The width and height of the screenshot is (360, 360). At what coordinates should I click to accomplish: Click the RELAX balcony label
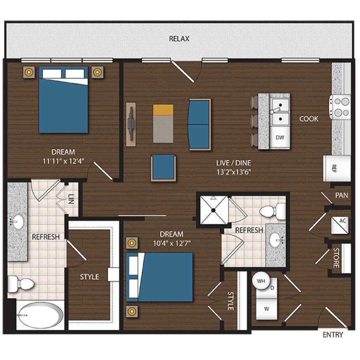pyautogui.click(x=179, y=39)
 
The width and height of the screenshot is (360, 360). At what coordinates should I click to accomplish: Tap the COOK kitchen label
pyautogui.click(x=309, y=119)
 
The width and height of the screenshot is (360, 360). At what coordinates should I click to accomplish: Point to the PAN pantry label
pyautogui.click(x=341, y=196)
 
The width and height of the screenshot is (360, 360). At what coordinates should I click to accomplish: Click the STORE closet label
pyautogui.click(x=336, y=258)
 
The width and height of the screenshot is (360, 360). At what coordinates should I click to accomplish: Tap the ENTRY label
pyautogui.click(x=332, y=335)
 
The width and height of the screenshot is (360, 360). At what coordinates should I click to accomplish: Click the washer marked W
pyautogui.click(x=267, y=309)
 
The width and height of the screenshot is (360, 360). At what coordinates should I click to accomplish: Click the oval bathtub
pyautogui.click(x=40, y=316)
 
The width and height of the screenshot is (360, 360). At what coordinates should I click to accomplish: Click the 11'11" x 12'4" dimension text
pyautogui.click(x=63, y=161)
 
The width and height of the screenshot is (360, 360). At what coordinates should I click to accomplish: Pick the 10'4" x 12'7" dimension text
pyautogui.click(x=171, y=243)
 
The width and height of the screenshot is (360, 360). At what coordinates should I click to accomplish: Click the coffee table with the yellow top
pyautogui.click(x=163, y=123)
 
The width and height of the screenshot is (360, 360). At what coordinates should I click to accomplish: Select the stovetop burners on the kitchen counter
pyautogui.click(x=340, y=107)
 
